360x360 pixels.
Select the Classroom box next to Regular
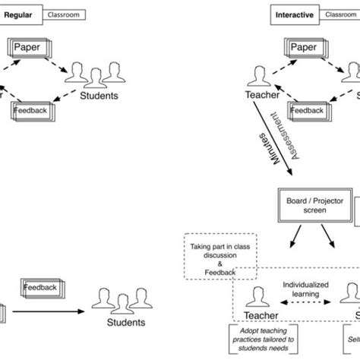pyautogui.click(x=64, y=14)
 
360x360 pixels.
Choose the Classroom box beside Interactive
pyautogui.click(x=339, y=14)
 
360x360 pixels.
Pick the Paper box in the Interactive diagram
pyautogui.click(x=304, y=48)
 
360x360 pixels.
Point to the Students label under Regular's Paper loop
pyautogui.click(x=99, y=96)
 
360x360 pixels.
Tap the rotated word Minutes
pyautogui.click(x=267, y=153)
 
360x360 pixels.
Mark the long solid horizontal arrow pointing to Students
pyautogui.click(x=52, y=311)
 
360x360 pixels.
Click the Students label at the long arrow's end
pyautogui.click(x=127, y=322)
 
